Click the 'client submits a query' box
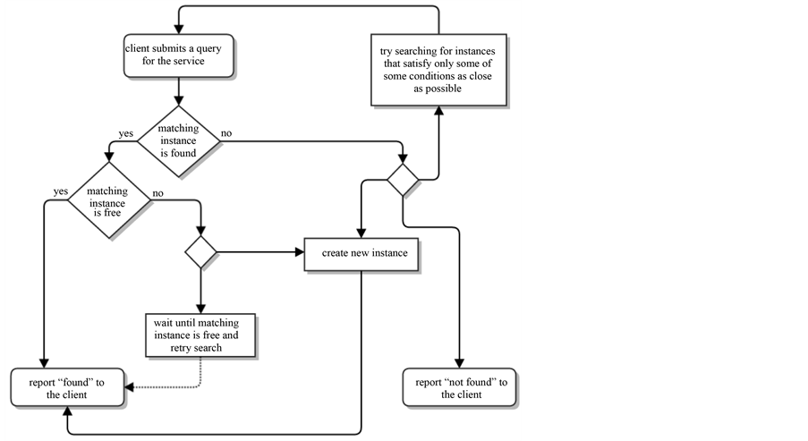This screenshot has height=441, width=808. tap(178, 55)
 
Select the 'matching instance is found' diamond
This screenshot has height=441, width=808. tap(178, 141)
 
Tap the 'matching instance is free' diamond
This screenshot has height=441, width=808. tap(109, 199)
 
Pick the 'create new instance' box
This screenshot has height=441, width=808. tap(361, 254)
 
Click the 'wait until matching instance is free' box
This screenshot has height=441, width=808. tap(200, 335)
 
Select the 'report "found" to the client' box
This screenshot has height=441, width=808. tap(67, 387)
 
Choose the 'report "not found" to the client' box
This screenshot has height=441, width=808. tap(459, 387)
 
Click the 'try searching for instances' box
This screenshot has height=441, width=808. tap(438, 70)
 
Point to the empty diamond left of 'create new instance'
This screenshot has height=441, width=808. tap(201, 252)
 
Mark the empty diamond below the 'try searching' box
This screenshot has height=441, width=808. tap(403, 180)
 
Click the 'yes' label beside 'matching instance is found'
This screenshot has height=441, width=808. tap(126, 133)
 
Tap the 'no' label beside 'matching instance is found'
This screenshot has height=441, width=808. tap(226, 133)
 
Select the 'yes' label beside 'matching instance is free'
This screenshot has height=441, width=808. tap(61, 191)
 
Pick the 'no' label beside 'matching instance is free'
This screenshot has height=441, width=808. tap(157, 193)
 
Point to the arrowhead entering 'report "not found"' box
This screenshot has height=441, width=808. tap(459, 364)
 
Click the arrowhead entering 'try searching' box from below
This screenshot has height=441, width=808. tap(438, 111)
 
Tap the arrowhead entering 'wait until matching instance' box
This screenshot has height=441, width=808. tap(201, 310)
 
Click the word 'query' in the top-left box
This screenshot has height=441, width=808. tap(208, 49)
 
